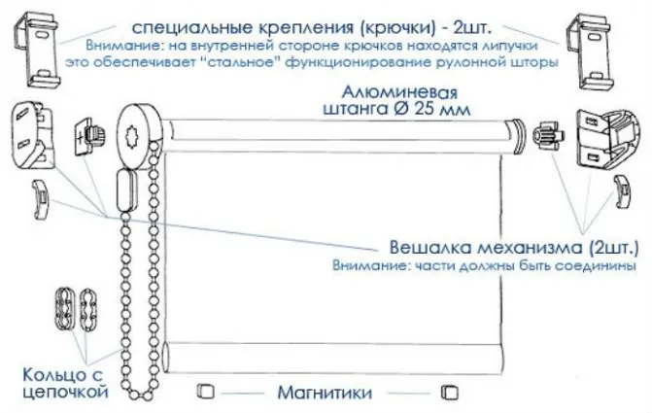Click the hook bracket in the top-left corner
tap(37, 50)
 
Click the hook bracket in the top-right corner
tap(589, 51)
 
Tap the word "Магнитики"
tap(325, 393)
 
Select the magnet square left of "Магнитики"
tap(205, 391)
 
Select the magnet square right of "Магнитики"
tap(450, 392)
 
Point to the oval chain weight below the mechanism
tap(126, 192)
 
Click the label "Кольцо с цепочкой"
tap(64, 383)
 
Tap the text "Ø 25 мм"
tap(431, 109)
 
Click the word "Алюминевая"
tap(399, 92)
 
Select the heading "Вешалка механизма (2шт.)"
tap(514, 248)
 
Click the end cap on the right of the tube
tap(517, 136)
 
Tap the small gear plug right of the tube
tap(548, 135)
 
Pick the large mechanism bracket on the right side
tap(608, 138)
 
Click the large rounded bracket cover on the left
tap(33, 135)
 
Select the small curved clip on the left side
tap(41, 198)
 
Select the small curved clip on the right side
tap(624, 192)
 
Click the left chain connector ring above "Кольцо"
tap(65, 306)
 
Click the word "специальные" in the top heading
tap(191, 28)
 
